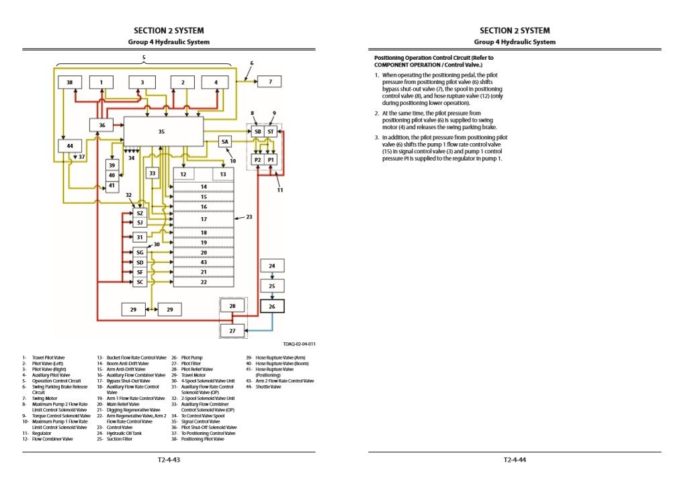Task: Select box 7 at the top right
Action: coord(269,82)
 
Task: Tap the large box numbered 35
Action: coord(162,132)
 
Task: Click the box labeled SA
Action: coord(225,142)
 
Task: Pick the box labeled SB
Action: coord(257,132)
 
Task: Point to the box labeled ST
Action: coord(271,132)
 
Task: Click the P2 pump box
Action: coord(257,160)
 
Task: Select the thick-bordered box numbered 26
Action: coord(272,307)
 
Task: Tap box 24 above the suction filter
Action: coord(272,267)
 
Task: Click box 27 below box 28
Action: coord(232,331)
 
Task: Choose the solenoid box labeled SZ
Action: coord(140,213)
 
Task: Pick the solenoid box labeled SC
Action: coord(140,282)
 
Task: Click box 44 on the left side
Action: coord(69,145)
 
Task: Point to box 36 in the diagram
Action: coord(102,125)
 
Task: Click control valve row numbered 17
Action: coord(204,219)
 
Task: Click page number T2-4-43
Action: coord(169,460)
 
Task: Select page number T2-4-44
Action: coord(515,460)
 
